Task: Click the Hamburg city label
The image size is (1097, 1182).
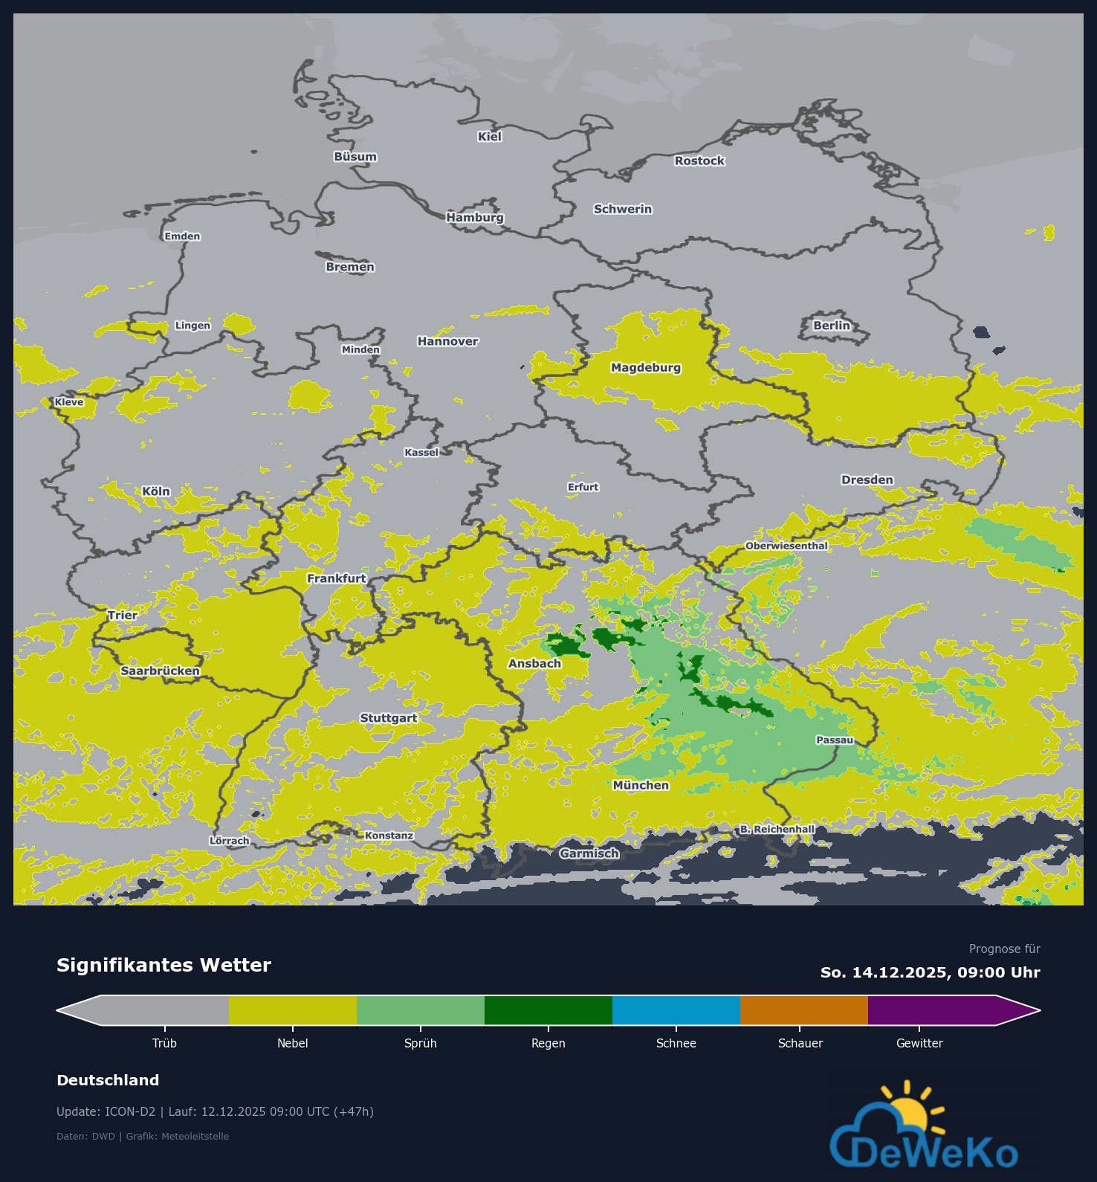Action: pyautogui.click(x=475, y=218)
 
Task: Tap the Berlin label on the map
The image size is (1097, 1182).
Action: pyautogui.click(x=831, y=326)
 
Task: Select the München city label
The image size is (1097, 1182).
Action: pyautogui.click(x=641, y=785)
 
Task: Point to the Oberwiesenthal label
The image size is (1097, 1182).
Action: pyautogui.click(x=786, y=546)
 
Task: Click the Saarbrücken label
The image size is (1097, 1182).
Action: pyautogui.click(x=160, y=671)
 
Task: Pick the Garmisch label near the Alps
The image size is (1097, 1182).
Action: pyautogui.click(x=589, y=853)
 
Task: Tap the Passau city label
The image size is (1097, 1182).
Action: pyautogui.click(x=835, y=740)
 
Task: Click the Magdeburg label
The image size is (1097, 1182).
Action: pyautogui.click(x=645, y=367)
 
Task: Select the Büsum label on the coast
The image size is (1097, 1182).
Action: pyautogui.click(x=355, y=157)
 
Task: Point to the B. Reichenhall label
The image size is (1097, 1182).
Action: pyautogui.click(x=777, y=829)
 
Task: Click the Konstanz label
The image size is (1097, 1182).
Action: pyautogui.click(x=389, y=836)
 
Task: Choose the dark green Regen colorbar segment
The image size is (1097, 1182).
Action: pyautogui.click(x=548, y=1010)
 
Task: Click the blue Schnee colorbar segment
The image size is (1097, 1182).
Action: pyautogui.click(x=676, y=1010)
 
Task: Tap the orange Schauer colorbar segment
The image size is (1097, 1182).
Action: pyautogui.click(x=803, y=1010)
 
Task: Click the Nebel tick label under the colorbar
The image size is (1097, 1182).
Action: pyautogui.click(x=292, y=1043)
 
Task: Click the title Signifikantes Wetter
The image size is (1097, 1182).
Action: pyautogui.click(x=164, y=965)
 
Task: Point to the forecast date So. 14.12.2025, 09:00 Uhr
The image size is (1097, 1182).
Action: pyautogui.click(x=930, y=972)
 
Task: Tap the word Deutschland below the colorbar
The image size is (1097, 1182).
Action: pyautogui.click(x=108, y=1080)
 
